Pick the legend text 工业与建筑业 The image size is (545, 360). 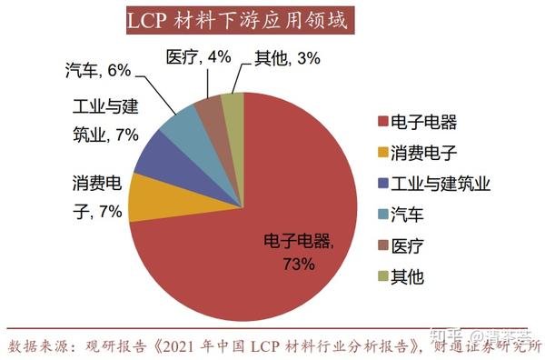pos(440,185)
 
